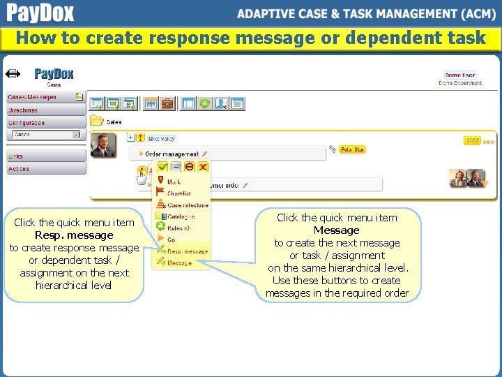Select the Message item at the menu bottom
(179, 263)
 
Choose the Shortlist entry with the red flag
(178, 193)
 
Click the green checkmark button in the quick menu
(162, 167)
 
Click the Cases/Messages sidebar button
(42, 97)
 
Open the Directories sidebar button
(42, 110)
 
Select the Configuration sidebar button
(42, 123)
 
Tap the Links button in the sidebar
(42, 156)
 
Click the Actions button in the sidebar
(42, 169)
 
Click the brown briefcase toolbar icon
(167, 103)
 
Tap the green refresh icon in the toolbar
(204, 103)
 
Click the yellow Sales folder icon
(96, 121)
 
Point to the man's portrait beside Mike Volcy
(103, 145)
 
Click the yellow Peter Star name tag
(352, 149)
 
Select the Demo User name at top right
(459, 75)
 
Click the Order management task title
(172, 154)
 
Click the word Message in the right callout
(336, 230)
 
